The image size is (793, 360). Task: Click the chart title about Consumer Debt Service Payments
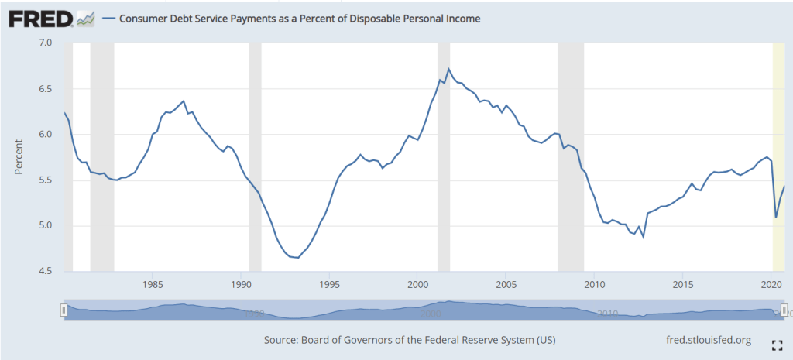[x=299, y=19]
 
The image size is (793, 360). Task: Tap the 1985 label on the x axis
[x=153, y=284]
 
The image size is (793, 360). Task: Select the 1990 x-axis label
[x=242, y=284]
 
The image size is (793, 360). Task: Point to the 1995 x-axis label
[x=330, y=284]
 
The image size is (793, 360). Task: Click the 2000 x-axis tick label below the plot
[x=418, y=284]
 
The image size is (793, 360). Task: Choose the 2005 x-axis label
[x=506, y=284]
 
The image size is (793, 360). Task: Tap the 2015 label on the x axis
[x=682, y=284]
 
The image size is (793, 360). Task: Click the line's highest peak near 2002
[x=449, y=69]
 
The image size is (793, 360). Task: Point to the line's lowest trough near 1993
[x=298, y=258]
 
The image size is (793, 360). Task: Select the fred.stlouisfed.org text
[x=709, y=340]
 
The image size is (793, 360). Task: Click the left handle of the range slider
[x=64, y=310]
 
